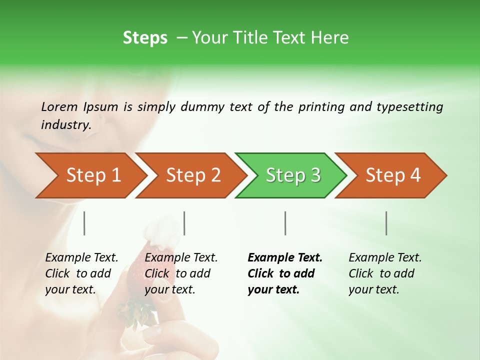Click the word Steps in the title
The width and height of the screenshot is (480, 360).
145,38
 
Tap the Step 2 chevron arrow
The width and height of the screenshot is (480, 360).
190,175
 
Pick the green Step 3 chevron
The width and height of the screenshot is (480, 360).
290,175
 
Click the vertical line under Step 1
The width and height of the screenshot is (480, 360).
84,223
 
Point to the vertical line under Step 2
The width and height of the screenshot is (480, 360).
184,223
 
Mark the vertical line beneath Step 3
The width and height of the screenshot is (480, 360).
285,223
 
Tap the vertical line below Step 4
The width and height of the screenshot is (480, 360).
386,223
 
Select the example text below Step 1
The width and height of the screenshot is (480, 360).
81,273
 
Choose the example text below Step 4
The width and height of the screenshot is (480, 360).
385,273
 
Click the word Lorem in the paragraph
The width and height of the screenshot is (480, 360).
59,106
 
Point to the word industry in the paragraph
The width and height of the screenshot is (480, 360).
65,125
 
